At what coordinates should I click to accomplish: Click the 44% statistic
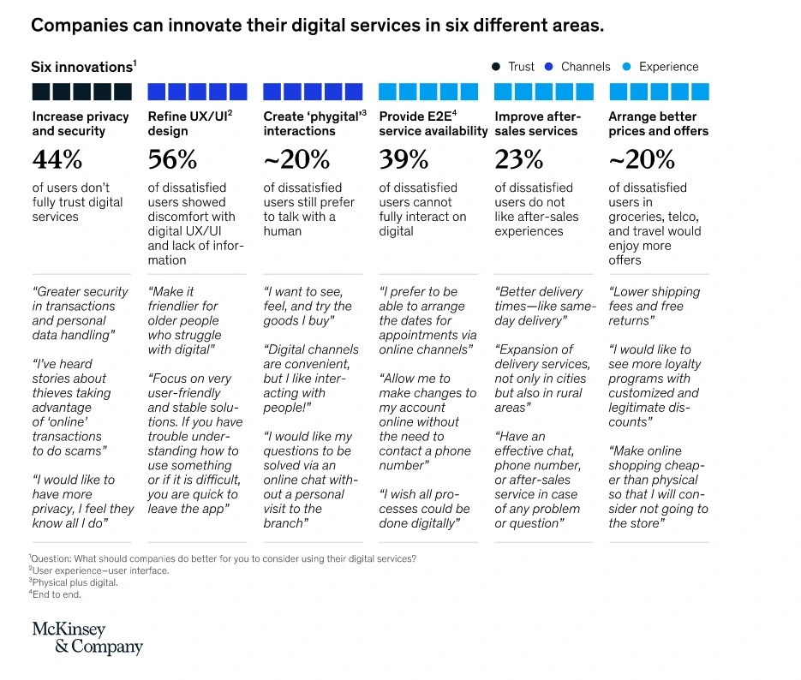click(57, 159)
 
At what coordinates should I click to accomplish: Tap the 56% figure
click(172, 159)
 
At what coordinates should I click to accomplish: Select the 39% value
click(403, 159)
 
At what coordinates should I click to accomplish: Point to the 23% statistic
click(518, 159)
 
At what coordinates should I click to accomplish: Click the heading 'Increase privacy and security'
click(81, 123)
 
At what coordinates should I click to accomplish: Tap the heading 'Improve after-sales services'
click(538, 123)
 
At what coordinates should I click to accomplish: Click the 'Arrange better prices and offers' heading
click(658, 123)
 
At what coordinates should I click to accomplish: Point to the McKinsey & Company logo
click(87, 638)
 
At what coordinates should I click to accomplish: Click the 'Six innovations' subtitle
click(82, 67)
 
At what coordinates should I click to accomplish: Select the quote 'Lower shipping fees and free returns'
click(655, 306)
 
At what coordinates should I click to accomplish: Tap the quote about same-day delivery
click(544, 306)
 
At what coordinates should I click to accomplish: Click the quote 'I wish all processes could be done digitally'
click(425, 509)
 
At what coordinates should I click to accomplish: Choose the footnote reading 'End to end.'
click(57, 594)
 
